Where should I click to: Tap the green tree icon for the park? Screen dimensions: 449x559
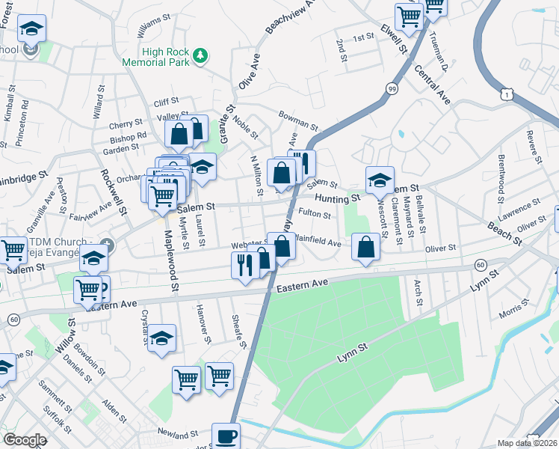[x=200, y=55]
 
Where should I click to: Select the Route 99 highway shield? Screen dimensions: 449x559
[x=392, y=88]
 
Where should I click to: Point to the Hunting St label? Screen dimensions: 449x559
[x=337, y=198]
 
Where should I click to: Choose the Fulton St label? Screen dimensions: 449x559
[x=315, y=215]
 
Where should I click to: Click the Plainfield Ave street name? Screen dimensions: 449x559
[x=319, y=242]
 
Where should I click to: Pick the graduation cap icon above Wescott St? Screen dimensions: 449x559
[x=380, y=180]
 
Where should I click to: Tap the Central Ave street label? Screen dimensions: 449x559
[x=433, y=85]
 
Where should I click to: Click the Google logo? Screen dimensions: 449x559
[x=25, y=439]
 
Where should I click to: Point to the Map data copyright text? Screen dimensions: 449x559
[x=527, y=443]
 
